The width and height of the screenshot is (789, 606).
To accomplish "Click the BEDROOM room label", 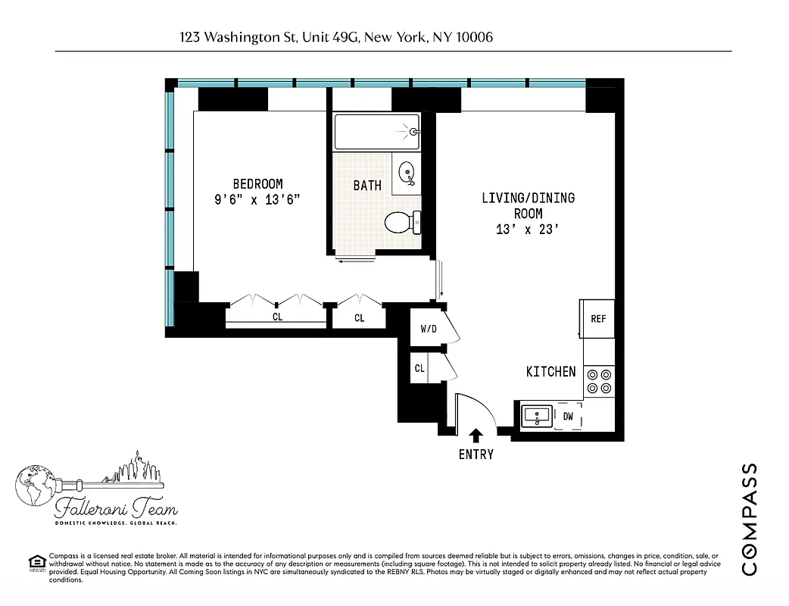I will [x=257, y=184].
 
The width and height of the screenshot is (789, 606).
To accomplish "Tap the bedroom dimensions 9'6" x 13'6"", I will [x=257, y=200].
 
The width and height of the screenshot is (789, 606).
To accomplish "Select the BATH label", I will [x=367, y=186].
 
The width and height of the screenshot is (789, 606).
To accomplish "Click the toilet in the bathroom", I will [x=401, y=222].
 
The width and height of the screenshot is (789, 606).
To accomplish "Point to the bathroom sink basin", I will [x=407, y=172].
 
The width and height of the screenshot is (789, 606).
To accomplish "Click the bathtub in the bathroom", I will [x=376, y=132].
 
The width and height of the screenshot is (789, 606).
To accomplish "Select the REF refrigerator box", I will [x=598, y=319].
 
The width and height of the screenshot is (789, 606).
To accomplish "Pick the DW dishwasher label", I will [x=568, y=416].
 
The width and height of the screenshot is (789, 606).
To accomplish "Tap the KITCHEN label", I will [x=550, y=372].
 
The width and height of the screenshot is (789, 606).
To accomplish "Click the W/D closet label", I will [x=428, y=330].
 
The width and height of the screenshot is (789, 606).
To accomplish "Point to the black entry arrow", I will [x=476, y=435].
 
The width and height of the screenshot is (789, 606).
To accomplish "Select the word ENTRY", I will [x=476, y=454].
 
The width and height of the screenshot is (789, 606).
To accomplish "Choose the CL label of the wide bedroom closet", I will [x=277, y=317].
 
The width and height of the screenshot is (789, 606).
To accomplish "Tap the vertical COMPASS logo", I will [x=749, y=519].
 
